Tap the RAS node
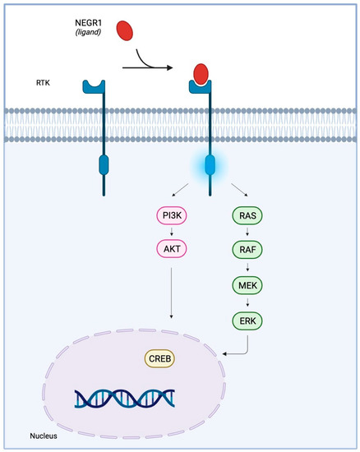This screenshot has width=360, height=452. tap(248, 218)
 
